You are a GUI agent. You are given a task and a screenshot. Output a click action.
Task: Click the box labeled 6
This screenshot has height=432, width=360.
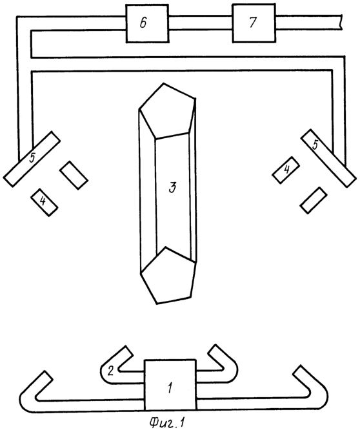click(x=147, y=23)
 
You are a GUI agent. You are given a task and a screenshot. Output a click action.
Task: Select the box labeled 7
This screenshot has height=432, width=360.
click(x=254, y=23)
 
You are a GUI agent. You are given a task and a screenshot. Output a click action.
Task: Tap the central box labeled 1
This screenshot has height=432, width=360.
click(x=170, y=386)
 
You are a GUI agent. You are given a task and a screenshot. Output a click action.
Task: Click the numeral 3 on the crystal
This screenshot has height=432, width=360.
click(x=172, y=187)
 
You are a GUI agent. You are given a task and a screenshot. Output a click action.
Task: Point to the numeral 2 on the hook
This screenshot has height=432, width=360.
click(x=110, y=371)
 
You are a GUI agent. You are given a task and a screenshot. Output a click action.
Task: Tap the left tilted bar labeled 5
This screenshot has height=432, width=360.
click(x=32, y=159)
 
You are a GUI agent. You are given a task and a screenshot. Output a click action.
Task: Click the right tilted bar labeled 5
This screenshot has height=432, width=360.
click(x=328, y=158)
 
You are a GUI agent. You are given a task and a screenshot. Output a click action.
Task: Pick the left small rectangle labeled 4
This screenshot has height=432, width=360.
click(x=45, y=202)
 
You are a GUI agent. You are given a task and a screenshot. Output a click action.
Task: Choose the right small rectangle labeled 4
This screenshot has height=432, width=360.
click(x=286, y=170)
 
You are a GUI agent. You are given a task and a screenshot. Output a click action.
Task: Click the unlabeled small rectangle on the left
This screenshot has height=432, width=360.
click(x=74, y=175)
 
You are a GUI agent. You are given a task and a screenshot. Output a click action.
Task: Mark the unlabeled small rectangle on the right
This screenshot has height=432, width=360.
click(x=314, y=200)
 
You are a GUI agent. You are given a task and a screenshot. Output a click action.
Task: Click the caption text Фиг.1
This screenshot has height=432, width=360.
click(x=167, y=422)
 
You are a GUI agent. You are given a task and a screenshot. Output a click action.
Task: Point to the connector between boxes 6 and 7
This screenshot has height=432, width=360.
click(x=201, y=23)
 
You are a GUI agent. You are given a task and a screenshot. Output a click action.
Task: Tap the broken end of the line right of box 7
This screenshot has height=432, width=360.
click(x=341, y=22)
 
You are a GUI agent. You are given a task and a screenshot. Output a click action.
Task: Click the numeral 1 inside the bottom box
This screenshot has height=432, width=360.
click(x=170, y=389)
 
